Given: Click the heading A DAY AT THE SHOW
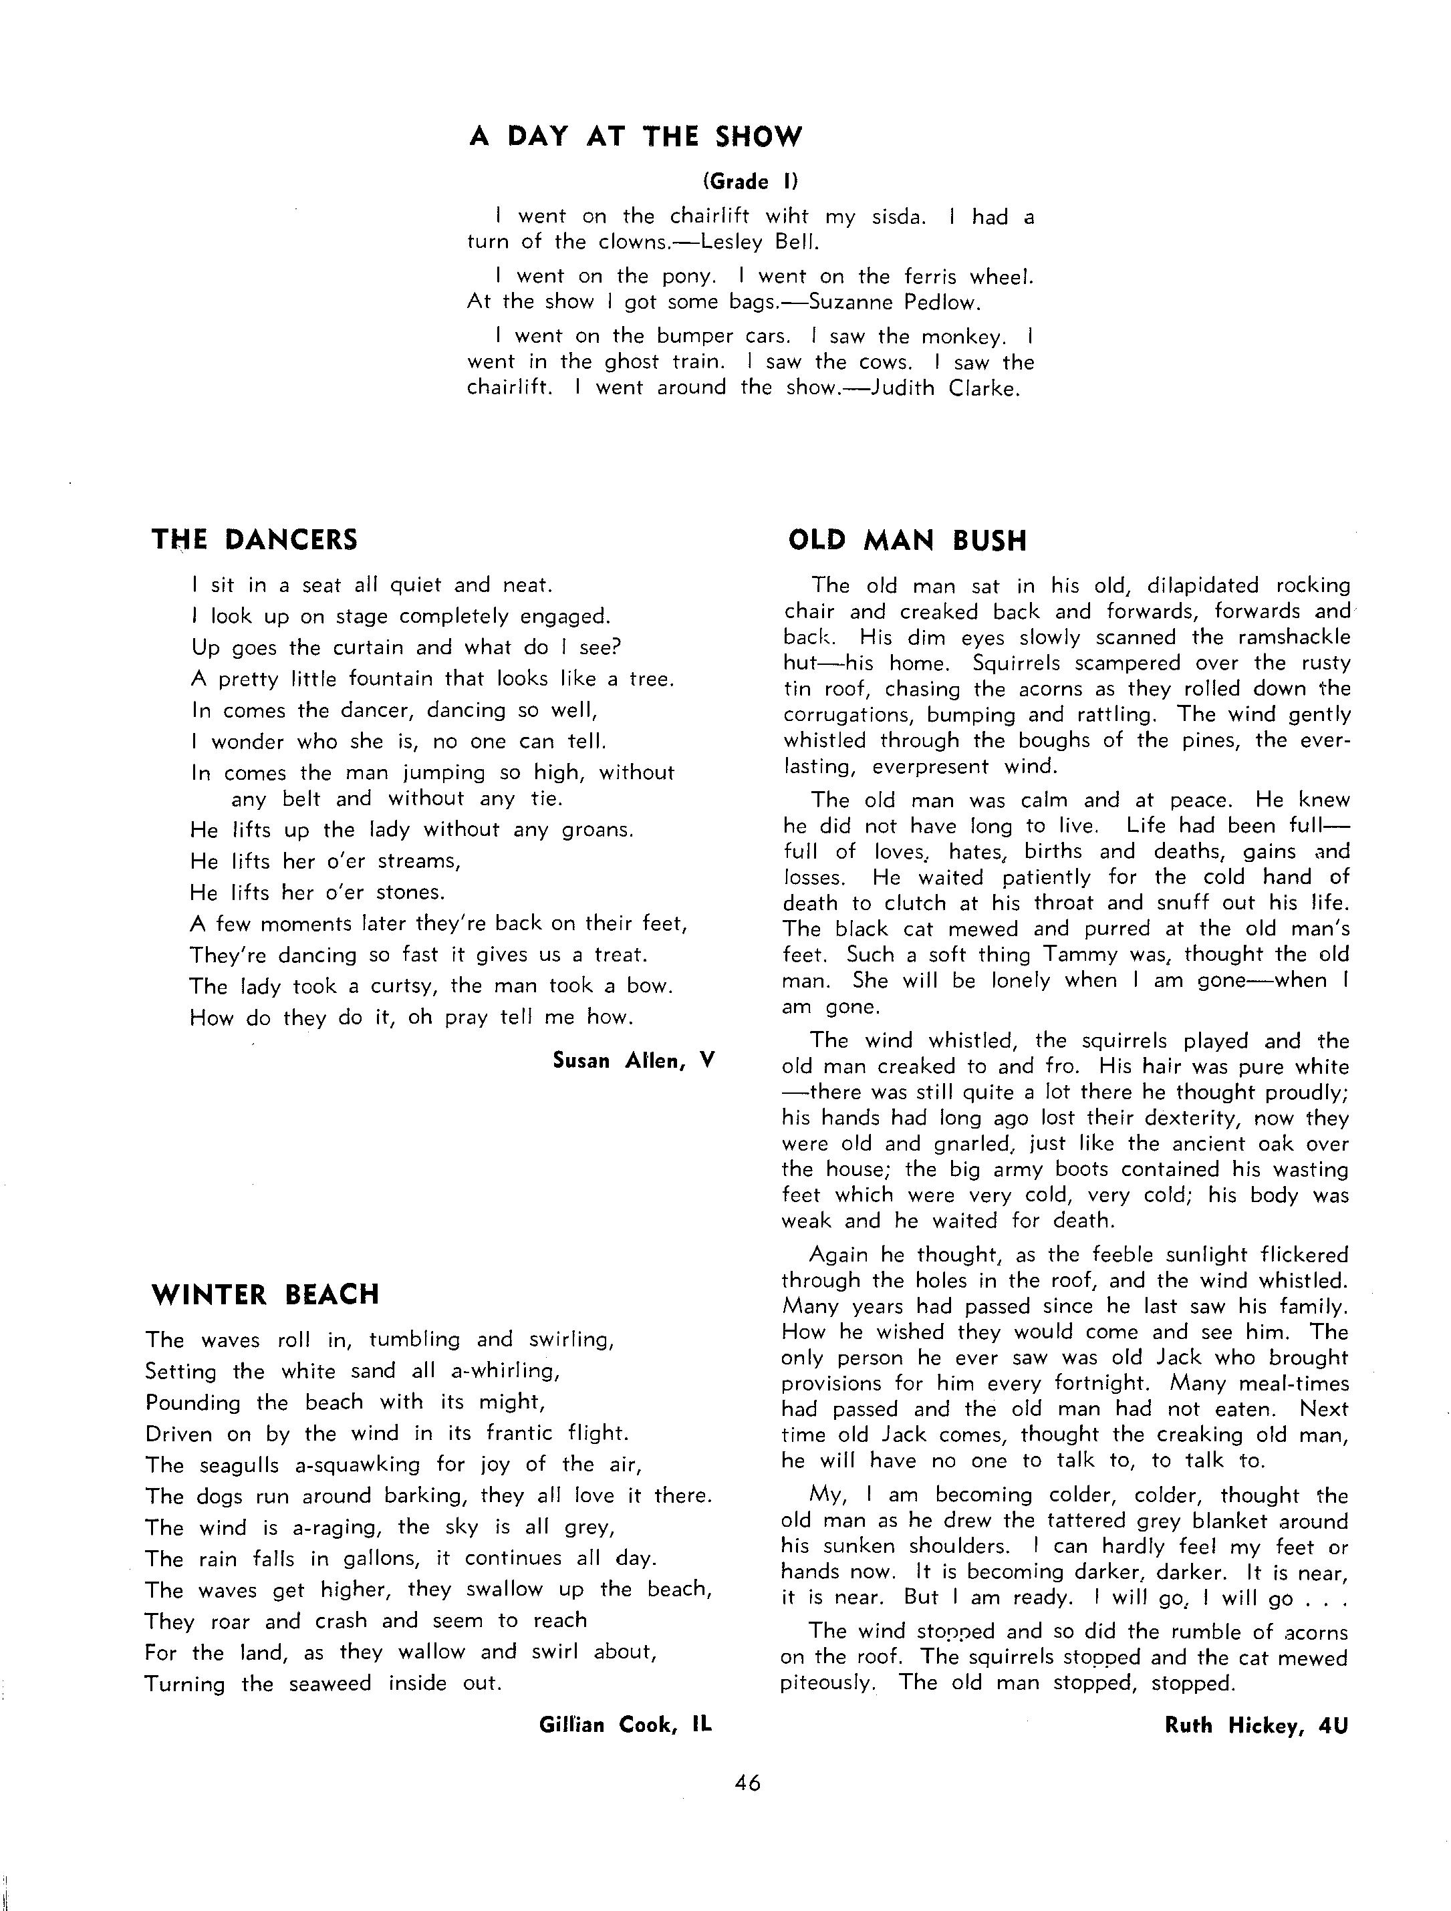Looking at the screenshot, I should click(635, 136).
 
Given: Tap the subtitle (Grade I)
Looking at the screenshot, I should click(749, 182).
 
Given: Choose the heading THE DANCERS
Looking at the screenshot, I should click(254, 540).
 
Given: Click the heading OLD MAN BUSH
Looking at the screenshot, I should click(908, 541).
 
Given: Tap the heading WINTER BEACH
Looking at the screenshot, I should click(265, 1294).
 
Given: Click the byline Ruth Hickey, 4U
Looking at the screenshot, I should click(1256, 1725).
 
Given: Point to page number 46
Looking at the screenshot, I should click(747, 1782).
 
